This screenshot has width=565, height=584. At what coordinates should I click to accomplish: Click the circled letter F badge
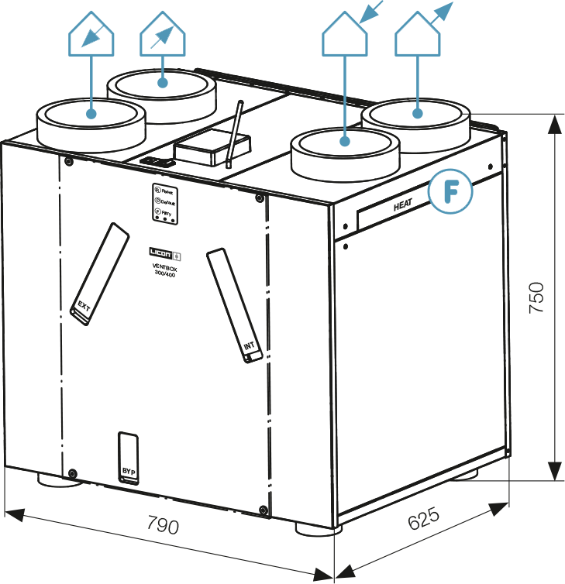pos(450,191)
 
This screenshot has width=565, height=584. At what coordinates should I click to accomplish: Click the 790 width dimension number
pos(163,526)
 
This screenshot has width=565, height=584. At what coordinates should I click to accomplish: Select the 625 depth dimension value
pos(422,520)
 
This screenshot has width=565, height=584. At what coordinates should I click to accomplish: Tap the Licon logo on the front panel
pos(165,253)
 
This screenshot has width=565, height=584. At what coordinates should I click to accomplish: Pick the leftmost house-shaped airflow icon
pos(91,35)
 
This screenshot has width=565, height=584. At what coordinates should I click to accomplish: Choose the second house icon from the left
pos(163,35)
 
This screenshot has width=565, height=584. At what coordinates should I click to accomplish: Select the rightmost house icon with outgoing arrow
pos(419,35)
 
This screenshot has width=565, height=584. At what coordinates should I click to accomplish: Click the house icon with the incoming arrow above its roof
pos(346,35)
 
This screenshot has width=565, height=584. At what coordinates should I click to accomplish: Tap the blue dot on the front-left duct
pos(91,114)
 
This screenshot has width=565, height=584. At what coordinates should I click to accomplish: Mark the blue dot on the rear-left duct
pos(163,81)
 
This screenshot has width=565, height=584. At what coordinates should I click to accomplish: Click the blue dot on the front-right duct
pos(346,142)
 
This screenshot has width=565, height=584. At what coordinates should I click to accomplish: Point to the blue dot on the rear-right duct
pos(419,115)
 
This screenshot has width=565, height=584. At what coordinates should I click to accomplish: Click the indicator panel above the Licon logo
pos(165,204)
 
